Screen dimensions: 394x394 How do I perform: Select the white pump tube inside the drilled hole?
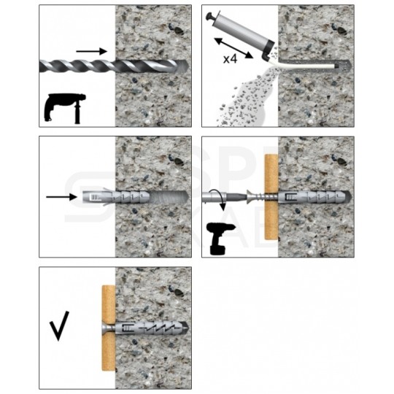[x=306, y=66]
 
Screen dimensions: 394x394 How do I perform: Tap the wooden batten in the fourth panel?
[x=271, y=197]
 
